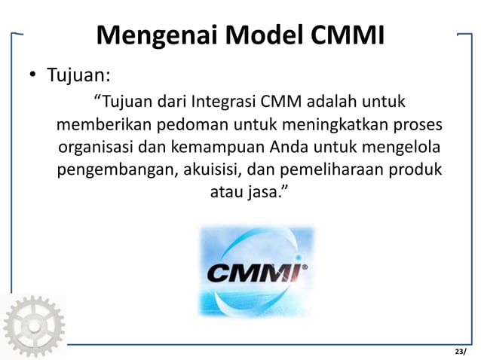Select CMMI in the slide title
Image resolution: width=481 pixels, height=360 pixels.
coord(346,34)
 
